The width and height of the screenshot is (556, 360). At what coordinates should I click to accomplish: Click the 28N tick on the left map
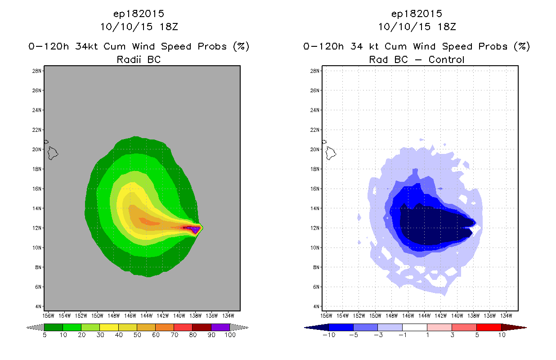tap(37, 71)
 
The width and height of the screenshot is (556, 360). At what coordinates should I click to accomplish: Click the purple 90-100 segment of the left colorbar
tap(220, 327)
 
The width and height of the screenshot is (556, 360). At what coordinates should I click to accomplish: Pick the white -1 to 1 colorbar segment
tap(414, 327)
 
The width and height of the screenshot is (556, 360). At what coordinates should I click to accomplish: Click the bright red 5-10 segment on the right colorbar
tap(489, 327)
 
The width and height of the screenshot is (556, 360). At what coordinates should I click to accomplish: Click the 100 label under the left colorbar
tap(229, 335)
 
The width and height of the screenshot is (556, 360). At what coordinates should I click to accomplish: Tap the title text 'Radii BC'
tap(139, 59)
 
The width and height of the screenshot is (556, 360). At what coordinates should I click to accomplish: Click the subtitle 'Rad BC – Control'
tap(417, 59)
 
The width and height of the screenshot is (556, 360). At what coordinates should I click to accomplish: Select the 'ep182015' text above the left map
tap(139, 13)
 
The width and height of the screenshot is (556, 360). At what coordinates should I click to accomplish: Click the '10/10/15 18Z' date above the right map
tap(417, 27)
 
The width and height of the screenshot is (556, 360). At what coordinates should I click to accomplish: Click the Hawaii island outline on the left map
tap(53, 153)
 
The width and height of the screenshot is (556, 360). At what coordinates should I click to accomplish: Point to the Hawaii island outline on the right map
tap(331, 153)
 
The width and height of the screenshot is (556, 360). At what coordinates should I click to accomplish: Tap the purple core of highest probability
tap(195, 229)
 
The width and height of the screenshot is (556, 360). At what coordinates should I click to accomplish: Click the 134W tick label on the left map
tap(228, 315)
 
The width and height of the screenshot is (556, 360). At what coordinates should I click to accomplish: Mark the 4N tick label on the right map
tap(316, 306)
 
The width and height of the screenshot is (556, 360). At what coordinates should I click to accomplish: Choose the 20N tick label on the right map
tap(315, 149)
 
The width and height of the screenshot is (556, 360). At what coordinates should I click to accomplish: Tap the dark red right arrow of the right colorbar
tap(513, 327)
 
